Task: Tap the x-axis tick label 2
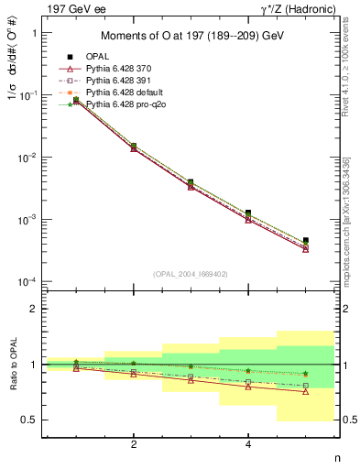point(134,444)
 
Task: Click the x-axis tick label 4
point(248,444)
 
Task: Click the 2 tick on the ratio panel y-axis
point(35,309)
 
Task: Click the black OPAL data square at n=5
point(305,240)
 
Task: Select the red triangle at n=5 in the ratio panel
point(305,392)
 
